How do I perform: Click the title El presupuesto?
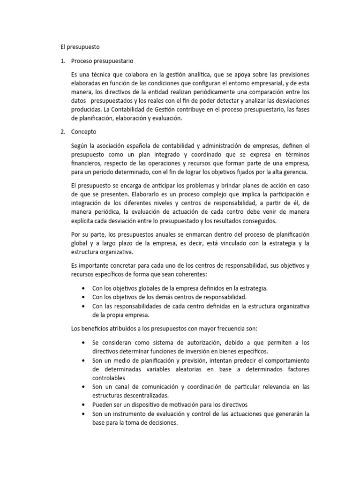coord(80,47)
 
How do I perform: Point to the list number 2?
coord(62,132)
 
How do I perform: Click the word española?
coord(144,146)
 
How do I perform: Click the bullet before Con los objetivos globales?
coord(83,288)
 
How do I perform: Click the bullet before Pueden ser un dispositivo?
coord(83,405)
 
